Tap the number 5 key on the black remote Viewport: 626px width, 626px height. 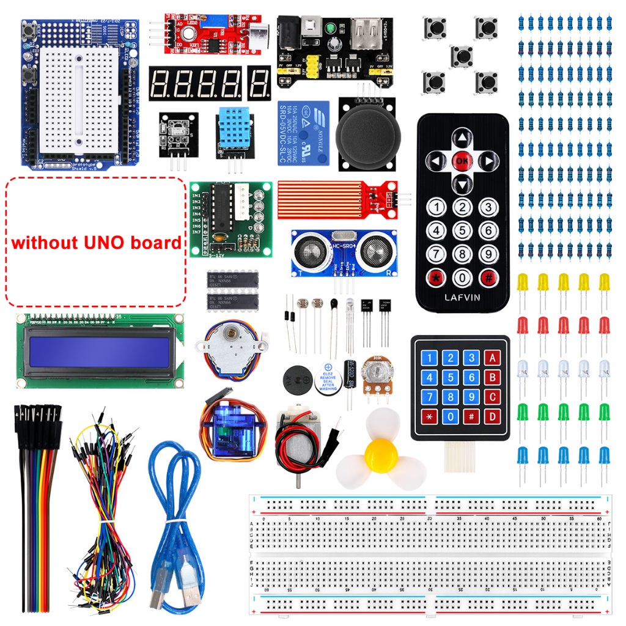coord(462,230)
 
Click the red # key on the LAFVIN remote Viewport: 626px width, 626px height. coord(488,276)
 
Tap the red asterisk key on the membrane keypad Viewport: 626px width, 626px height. coord(430,418)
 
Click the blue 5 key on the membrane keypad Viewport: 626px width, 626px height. coord(451,378)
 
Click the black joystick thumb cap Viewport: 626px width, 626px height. coord(368,135)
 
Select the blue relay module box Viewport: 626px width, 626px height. coord(304,133)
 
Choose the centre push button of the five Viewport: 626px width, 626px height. coord(462,55)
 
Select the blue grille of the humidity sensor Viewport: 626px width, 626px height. coord(232,128)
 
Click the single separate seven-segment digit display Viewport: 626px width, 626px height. coord(259,83)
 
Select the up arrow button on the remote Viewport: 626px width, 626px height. coord(463,138)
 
